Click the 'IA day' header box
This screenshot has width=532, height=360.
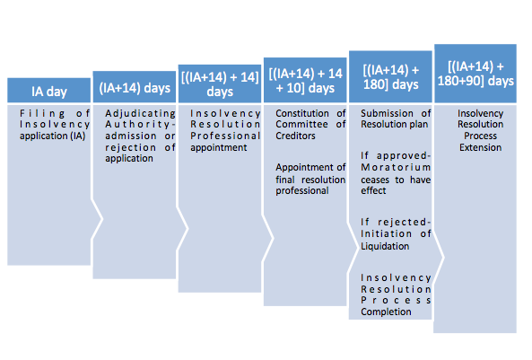click(48, 91)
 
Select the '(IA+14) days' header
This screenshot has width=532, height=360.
click(135, 87)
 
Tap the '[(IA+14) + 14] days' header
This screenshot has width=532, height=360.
click(220, 83)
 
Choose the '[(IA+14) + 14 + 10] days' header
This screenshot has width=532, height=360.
click(305, 80)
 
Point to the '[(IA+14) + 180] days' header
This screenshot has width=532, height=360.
click(390, 76)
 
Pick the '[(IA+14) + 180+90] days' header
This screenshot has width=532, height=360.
click(475, 74)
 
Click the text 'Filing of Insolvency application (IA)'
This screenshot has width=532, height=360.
click(55, 125)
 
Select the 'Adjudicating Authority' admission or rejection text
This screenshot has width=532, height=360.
click(140, 136)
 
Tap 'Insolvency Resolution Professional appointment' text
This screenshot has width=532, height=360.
click(225, 130)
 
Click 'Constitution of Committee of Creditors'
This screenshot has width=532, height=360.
click(310, 125)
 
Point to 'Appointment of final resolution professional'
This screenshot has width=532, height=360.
click(310, 179)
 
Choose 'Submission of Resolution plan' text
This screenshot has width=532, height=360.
click(396, 119)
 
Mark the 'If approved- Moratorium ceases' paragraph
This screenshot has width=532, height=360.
click(396, 173)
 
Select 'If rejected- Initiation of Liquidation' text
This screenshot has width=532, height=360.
click(396, 234)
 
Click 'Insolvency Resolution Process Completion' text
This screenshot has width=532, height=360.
click(396, 294)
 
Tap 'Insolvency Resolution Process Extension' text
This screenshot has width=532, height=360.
click(481, 130)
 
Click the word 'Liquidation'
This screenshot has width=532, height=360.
click(385, 246)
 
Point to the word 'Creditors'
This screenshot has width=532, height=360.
click(295, 136)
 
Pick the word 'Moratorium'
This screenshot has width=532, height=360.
click(396, 168)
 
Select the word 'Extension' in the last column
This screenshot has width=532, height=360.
click(481, 148)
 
